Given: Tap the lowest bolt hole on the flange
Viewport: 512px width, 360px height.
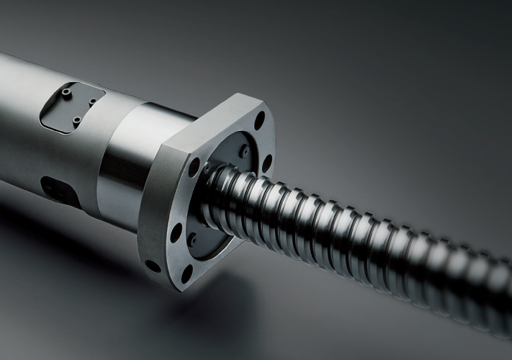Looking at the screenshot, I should pos(187,274).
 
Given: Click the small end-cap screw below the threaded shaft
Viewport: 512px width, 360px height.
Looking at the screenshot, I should pos(192,239).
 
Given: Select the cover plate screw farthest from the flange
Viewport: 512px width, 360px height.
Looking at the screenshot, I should pos(67,92).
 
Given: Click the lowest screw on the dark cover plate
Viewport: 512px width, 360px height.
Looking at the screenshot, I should pos(76,121).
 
